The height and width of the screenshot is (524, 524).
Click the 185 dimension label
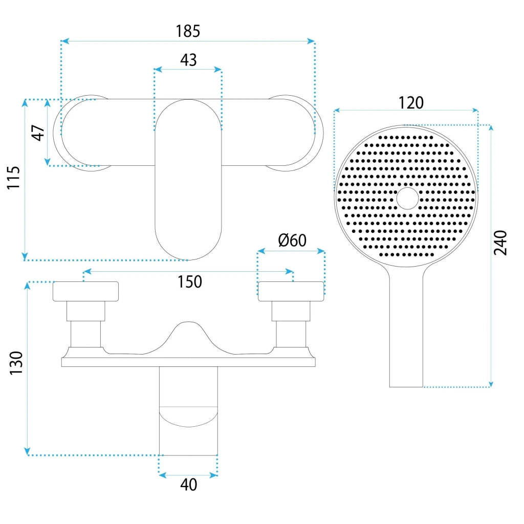[188, 31]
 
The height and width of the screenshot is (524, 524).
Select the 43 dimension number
[188, 60]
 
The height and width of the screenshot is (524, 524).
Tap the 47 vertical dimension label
[38, 133]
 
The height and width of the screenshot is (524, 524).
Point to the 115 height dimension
[14, 178]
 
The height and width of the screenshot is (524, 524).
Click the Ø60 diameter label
[292, 241]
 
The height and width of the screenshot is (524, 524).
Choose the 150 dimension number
[189, 282]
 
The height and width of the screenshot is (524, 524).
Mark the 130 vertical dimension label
[16, 363]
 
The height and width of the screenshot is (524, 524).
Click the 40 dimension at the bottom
[188, 485]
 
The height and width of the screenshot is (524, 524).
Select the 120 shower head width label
[411, 103]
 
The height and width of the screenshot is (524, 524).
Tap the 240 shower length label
[500, 243]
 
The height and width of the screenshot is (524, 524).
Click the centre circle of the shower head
[407, 198]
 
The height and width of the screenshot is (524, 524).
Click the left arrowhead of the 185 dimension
[65, 41]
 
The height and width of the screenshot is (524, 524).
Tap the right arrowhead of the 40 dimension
[213, 475]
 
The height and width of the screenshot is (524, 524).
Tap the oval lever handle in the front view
[188, 180]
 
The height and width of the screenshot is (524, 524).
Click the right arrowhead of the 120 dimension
[474, 110]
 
